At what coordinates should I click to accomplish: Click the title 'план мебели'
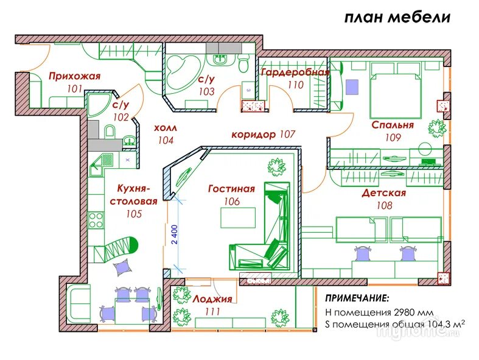click(x=397, y=17)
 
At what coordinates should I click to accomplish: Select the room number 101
click(x=74, y=88)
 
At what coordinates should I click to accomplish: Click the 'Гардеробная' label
click(x=295, y=72)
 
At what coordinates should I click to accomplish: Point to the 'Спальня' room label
click(x=393, y=125)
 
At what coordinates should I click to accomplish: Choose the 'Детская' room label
click(x=383, y=193)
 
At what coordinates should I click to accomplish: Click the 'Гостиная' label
click(x=231, y=189)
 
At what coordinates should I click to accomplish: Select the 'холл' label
click(x=165, y=129)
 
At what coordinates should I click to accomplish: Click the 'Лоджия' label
click(x=212, y=299)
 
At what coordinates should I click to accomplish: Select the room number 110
click(x=295, y=85)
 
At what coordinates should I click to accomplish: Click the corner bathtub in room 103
click(x=183, y=73)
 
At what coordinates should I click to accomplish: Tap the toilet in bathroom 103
click(x=243, y=63)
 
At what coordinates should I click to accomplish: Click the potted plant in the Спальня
click(x=436, y=128)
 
